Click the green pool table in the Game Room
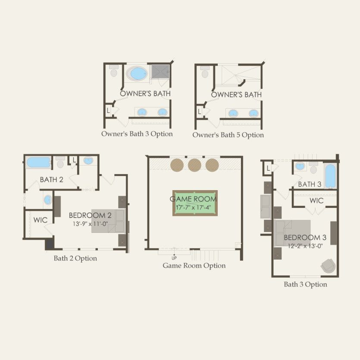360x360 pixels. click(195, 203)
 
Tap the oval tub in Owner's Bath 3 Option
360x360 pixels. click(137, 73)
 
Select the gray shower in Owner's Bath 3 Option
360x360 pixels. click(160, 72)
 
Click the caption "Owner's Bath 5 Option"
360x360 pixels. click(228, 135)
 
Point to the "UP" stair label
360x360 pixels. click(174, 258)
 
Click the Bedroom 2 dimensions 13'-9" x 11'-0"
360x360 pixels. click(91, 223)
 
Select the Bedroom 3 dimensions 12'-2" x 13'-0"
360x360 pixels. click(305, 246)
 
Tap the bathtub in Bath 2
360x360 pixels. click(38, 162)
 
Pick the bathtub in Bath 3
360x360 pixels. click(330, 176)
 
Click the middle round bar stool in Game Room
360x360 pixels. click(194, 165)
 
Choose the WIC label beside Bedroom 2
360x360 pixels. click(41, 220)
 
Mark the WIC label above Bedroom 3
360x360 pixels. click(316, 200)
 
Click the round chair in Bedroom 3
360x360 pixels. click(329, 266)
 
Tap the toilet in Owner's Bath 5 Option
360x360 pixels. click(204, 72)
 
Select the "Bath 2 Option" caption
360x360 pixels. click(75, 259)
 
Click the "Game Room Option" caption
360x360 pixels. click(194, 266)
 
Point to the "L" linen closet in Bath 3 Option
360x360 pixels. click(268, 169)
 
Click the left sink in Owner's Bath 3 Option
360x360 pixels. click(142, 112)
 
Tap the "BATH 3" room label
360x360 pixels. click(310, 184)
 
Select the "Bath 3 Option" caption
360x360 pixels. click(305, 285)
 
